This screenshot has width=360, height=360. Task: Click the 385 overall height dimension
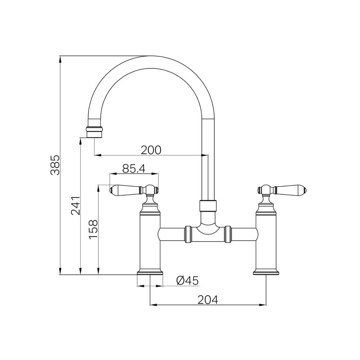tap(55, 165)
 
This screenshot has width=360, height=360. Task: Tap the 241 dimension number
tap(76, 206)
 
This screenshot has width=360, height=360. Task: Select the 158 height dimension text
tap(93, 230)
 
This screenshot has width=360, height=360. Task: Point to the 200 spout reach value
tap(151, 150)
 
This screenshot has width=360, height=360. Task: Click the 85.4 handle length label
tap(134, 169)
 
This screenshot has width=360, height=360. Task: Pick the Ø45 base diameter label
tap(187, 280)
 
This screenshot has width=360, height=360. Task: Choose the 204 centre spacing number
tap(208, 300)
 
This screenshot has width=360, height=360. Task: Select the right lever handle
tap(282, 190)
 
